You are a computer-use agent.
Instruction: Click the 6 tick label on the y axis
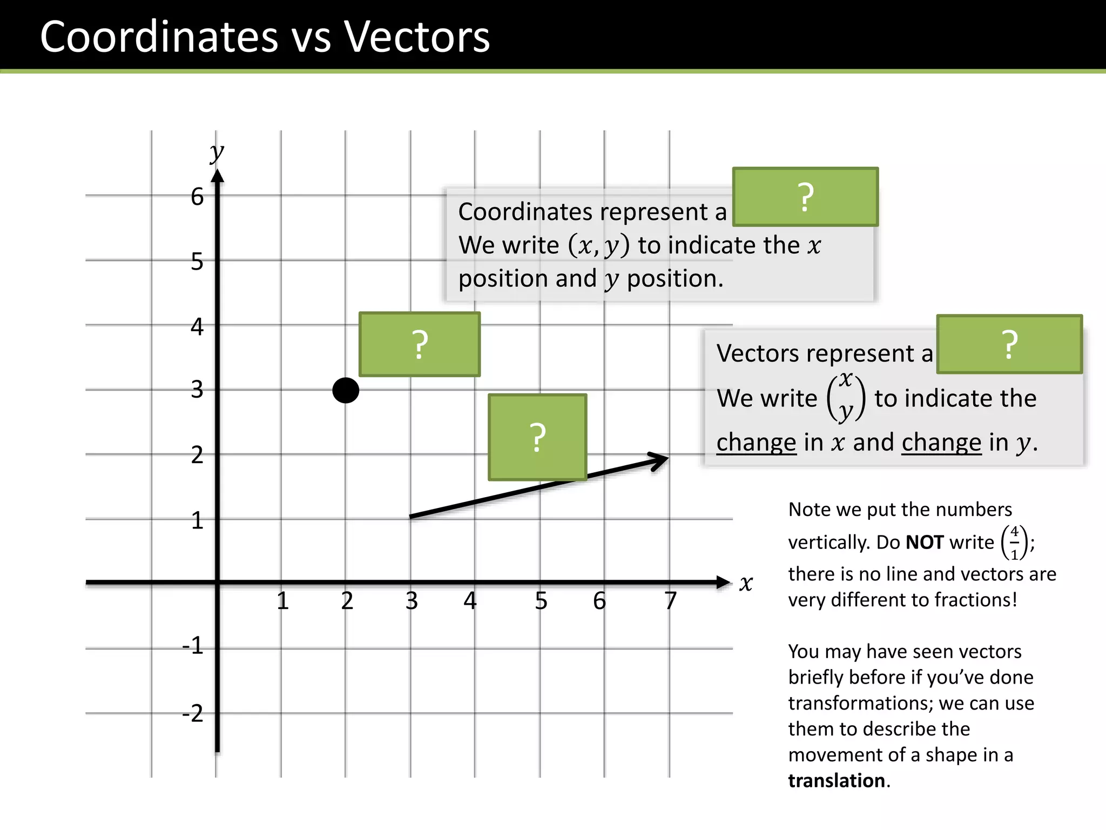coord(197,197)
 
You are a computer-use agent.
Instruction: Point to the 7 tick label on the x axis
coord(670,601)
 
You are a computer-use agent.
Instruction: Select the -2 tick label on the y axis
coord(193,713)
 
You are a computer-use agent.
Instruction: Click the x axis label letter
coord(746,583)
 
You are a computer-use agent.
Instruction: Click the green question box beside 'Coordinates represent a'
coord(805,197)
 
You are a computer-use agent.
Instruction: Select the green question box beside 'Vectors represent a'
coord(1009,344)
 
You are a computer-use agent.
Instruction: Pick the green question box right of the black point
coord(420,344)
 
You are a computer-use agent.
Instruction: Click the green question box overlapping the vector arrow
coord(537,437)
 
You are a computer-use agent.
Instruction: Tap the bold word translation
coord(837,781)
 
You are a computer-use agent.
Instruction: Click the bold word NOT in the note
coord(925,542)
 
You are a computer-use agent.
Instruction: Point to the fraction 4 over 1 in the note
coord(1014,543)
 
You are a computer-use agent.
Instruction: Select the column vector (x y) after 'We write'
coord(846,397)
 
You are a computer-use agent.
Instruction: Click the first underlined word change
coord(756,443)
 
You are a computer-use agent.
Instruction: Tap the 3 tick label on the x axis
coord(412,601)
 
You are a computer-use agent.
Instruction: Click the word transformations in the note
coord(860,703)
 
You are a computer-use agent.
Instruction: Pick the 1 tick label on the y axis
coord(197,521)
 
